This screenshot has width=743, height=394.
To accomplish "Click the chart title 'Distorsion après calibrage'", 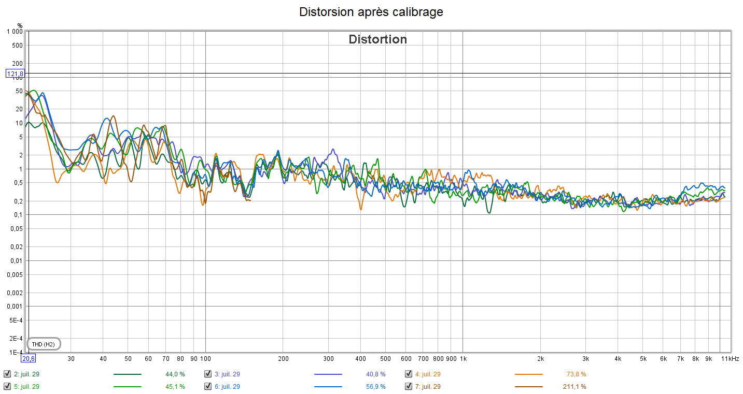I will click(371, 12).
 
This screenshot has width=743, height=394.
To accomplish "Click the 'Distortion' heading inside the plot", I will click(377, 39).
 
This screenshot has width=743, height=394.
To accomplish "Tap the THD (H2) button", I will click(43, 344).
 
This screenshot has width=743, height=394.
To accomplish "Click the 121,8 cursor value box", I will click(15, 74).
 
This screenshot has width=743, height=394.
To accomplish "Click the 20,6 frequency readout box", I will click(28, 358).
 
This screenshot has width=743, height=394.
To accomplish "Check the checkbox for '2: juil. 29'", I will click(7, 374).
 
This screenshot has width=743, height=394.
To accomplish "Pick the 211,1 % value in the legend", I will click(574, 386).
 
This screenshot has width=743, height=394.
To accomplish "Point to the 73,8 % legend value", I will click(576, 374).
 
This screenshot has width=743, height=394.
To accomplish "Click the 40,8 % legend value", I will click(375, 374).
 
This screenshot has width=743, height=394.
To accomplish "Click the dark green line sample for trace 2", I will click(127, 374).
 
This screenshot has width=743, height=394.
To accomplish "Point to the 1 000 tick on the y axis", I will click(14, 32).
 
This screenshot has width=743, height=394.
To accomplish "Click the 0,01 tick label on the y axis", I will click(16, 260).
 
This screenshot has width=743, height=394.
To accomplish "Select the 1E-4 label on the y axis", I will click(16, 352).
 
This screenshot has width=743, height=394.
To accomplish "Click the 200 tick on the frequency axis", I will click(283, 358).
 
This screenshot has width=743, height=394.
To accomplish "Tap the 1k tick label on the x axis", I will click(464, 358).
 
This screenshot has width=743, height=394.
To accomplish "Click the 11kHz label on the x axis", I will click(731, 358).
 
